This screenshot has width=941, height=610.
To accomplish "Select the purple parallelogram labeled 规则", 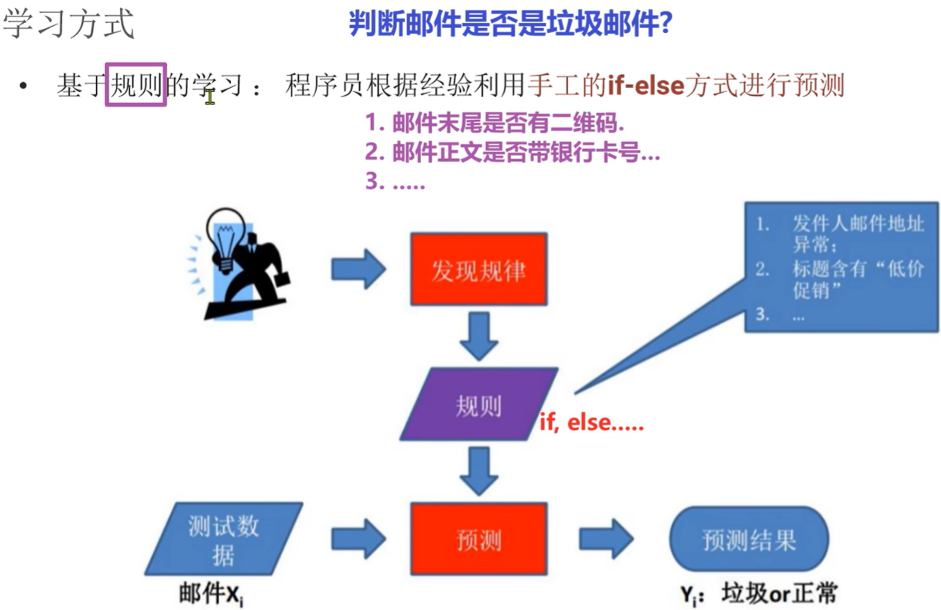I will pos(478,405).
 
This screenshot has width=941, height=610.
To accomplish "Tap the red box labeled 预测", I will pos(478,540).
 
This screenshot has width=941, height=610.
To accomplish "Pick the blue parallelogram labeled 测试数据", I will pos(224,540).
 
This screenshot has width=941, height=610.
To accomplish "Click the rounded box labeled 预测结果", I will pos(749,540).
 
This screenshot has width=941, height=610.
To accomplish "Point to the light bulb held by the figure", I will pos(224,230).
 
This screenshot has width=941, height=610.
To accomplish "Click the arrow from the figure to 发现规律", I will pos(359,269).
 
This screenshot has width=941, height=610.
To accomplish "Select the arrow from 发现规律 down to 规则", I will pos(478,336).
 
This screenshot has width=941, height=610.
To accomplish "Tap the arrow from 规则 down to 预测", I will pos(478,470).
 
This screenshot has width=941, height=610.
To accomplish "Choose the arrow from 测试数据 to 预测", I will pos(359,540).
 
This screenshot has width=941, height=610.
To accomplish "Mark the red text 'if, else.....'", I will pos(591,423).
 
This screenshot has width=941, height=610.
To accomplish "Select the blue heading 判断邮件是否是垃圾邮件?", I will pos(510,24).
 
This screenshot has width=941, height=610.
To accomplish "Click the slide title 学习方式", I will pos(68,24).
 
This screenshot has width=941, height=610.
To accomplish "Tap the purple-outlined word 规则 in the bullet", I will pos(136,85).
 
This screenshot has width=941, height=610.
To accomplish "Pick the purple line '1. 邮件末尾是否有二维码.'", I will pos(494,123).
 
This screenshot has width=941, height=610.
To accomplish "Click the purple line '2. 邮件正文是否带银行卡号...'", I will pos(512,153).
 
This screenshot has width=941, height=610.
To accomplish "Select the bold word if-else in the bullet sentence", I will pos(646,86).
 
